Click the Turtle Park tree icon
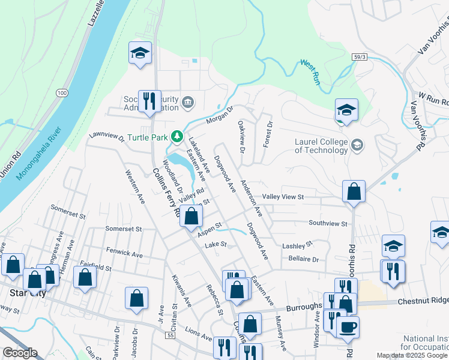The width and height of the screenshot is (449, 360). [x=177, y=137]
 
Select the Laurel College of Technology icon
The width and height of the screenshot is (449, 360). [x=357, y=145]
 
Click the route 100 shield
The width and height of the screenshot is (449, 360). [x=62, y=93]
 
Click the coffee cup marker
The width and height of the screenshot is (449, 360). [x=348, y=326]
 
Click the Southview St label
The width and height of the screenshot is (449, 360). [x=328, y=223]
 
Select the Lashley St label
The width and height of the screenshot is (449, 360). [x=298, y=245]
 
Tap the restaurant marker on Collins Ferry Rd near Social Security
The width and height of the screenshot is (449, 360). [x=148, y=100]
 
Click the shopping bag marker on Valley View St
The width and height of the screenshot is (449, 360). [x=354, y=191]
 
